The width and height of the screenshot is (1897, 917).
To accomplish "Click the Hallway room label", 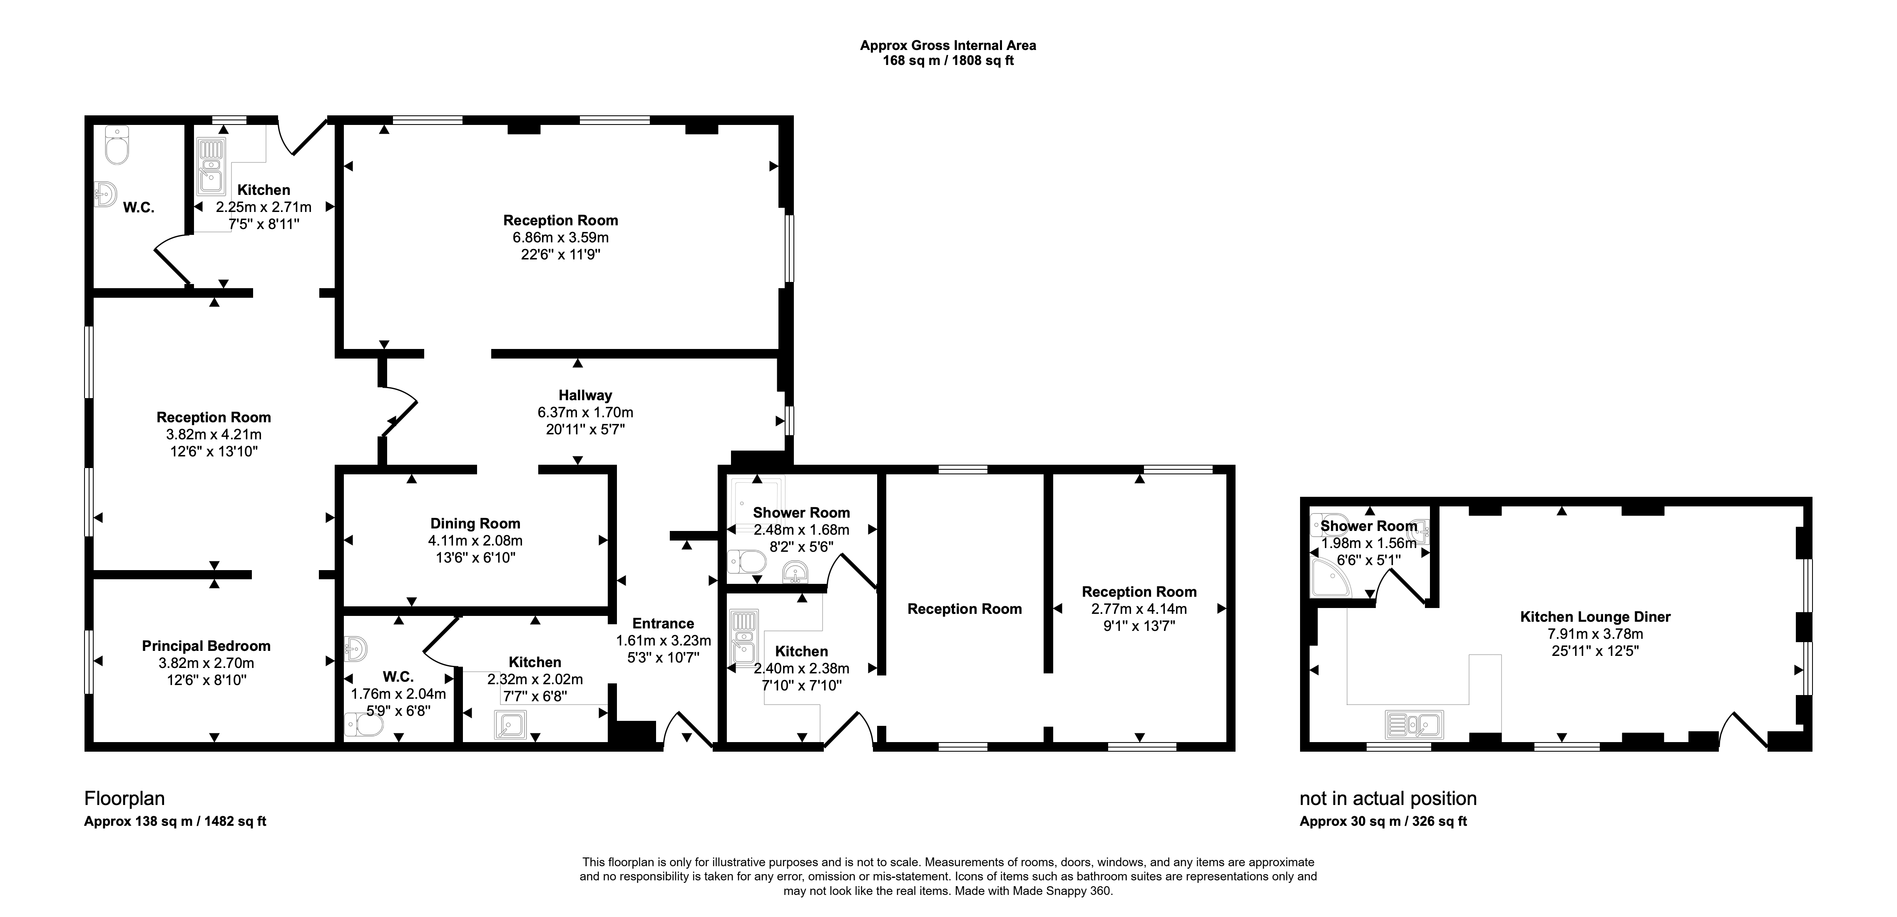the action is tap(585, 396).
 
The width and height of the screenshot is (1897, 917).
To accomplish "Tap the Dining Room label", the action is tap(475, 524).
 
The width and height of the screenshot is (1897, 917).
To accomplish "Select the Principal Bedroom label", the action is tap(206, 646).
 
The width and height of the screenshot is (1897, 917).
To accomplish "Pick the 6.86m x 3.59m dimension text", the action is tap(560, 238).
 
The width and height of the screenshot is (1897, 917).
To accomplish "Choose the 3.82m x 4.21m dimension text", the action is tap(214, 435).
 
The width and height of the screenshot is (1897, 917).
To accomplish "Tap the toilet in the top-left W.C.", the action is tap(117, 145).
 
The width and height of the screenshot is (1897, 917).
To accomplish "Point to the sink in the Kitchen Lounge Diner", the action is tap(1414, 724).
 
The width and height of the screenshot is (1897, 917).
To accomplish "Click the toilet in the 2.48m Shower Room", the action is tap(746, 562).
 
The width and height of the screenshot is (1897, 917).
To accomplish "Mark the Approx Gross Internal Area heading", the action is tap(948, 46).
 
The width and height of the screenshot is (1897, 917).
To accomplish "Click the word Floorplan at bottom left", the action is tap(124, 798).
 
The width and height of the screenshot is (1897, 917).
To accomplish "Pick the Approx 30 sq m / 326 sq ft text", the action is tap(1383, 821).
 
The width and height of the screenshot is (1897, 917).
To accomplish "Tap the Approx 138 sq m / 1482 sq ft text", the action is tap(175, 821).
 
